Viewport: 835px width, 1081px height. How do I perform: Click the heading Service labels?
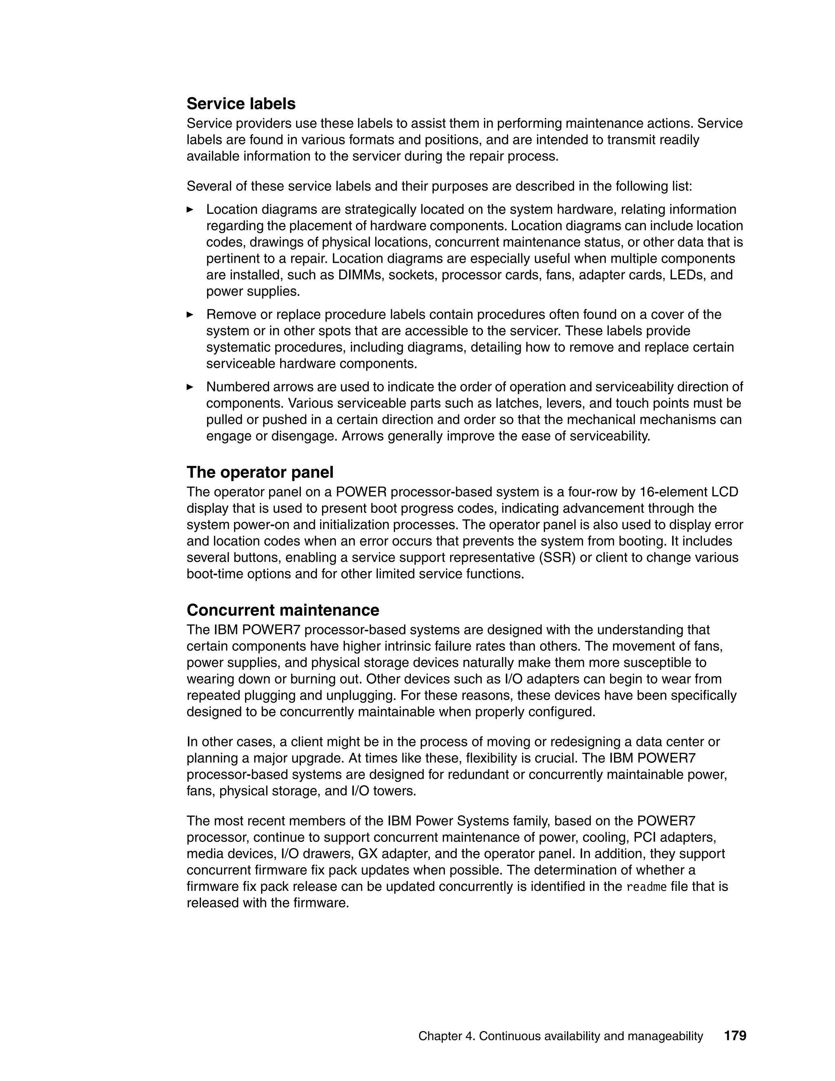pos(241,104)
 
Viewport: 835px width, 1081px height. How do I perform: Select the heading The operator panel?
pos(260,472)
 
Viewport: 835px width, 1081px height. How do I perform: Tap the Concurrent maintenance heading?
pos(283,610)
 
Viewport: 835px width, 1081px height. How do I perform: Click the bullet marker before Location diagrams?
pos(190,209)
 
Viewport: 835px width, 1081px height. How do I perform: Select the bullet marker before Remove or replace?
pos(190,314)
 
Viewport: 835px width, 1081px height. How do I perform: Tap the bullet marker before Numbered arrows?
pos(190,387)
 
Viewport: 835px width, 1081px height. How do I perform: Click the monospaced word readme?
pos(647,886)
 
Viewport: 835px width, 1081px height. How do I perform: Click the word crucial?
pos(554,758)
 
